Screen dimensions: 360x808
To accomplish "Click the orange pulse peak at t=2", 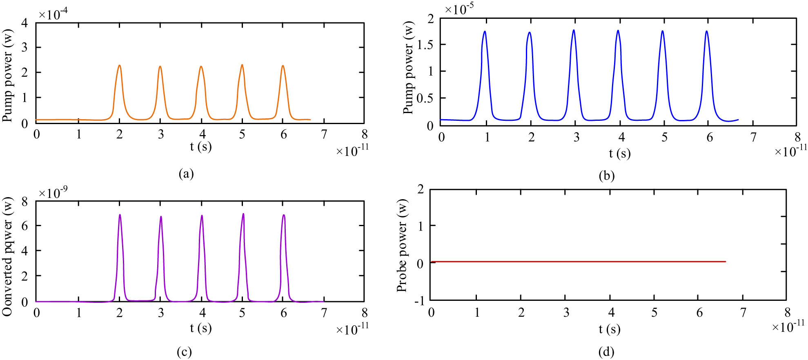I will tap(119, 66).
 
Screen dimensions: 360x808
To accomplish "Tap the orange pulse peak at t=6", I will tap(283, 66).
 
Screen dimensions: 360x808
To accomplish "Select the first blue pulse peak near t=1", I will tap(485, 32).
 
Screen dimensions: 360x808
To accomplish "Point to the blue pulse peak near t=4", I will tap(618, 31).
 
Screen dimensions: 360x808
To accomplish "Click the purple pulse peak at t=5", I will tap(243, 214).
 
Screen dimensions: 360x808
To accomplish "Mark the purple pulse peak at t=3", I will tap(161, 217).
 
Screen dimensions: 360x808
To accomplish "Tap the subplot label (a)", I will tap(186, 174).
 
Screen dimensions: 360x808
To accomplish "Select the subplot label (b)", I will tap(606, 176).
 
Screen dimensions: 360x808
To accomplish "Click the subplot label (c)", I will tap(184, 352).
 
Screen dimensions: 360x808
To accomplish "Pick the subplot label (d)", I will tap(606, 352).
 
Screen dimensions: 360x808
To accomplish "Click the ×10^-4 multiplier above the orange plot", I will tap(53, 15).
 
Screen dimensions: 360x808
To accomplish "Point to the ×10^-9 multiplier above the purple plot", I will tap(53, 192).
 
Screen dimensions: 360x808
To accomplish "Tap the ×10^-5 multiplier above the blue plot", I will tap(459, 9).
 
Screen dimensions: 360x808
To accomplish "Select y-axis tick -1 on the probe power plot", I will tap(419, 301).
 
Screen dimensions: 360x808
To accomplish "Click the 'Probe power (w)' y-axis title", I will tap(402, 246).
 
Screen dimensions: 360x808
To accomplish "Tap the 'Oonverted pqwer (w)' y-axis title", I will tap(8, 256).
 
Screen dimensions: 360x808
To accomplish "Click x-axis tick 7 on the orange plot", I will tap(324, 134).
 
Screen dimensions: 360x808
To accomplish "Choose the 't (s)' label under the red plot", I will tap(609, 329).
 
